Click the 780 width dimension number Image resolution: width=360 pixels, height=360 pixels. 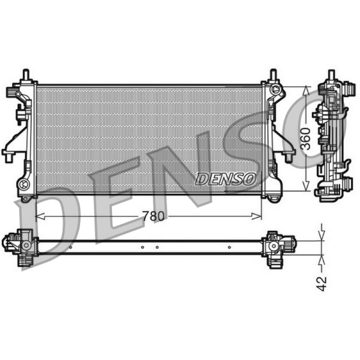coord(153,216)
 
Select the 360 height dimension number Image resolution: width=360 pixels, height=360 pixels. coord(306,139)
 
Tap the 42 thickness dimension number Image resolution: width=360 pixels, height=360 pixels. coord(321,284)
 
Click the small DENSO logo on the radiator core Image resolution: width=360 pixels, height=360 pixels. coord(226,179)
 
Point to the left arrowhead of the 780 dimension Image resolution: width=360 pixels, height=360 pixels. coord(40,216)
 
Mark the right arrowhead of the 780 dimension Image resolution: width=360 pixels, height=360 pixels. coord(257,216)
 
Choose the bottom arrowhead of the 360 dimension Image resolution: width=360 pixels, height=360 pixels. coord(306,186)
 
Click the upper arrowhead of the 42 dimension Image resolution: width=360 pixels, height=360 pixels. coord(322,237)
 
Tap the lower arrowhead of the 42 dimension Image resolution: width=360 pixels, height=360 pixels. coord(322,259)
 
